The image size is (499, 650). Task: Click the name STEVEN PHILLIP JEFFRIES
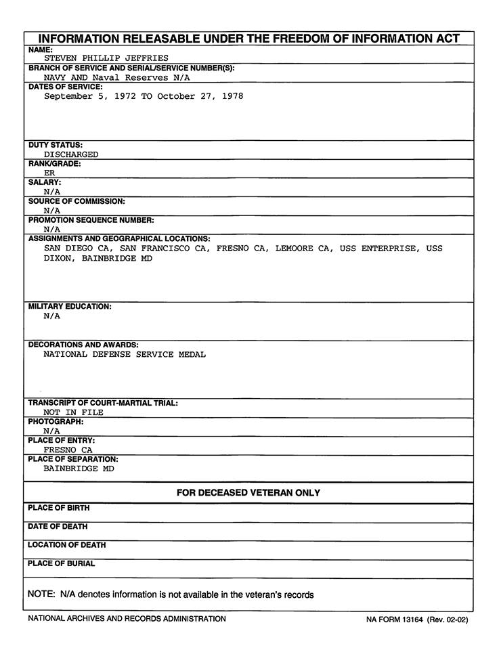pos(106,58)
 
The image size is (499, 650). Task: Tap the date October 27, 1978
pos(200,97)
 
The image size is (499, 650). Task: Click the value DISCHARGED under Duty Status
pos(71,154)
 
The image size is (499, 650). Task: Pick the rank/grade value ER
pos(49,173)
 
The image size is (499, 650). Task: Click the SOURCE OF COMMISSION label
pos(77,201)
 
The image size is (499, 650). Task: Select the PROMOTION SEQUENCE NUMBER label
pos(91,220)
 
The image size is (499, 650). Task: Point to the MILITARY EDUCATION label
pos(70,307)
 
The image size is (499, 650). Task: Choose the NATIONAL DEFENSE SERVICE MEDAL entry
pos(125,354)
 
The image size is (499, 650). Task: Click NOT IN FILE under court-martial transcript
pos(74,412)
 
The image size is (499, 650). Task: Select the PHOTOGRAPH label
pos(56,421)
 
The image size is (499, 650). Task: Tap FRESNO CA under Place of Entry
pos(68,450)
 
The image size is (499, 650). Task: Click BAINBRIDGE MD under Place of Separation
pos(79,469)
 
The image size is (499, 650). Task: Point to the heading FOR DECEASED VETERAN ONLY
pos(248,493)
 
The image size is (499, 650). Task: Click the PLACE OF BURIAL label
pos(62,563)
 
